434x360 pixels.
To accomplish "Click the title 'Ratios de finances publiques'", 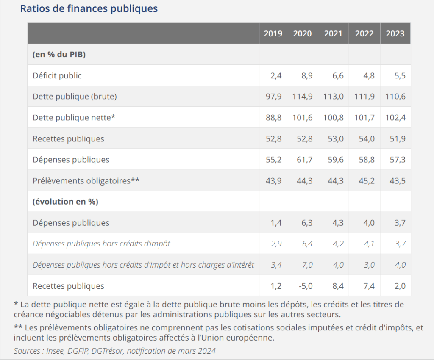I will tap(89, 8).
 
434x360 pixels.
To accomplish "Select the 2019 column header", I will tap(273, 33).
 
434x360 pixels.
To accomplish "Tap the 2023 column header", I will tap(395, 33).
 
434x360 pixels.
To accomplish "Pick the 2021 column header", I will tap(333, 33).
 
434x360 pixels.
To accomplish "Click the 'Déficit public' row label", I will tap(57, 76).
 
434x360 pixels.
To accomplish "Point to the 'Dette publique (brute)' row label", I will tap(75, 97).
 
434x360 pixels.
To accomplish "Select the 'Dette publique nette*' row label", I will tap(74, 118).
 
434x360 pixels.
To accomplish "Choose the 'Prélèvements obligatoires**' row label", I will tap(86, 181).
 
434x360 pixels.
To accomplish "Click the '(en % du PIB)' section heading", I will tap(59, 55).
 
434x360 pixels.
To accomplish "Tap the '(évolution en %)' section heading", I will tap(65, 202).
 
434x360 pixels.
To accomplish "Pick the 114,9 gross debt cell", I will tap(303, 97).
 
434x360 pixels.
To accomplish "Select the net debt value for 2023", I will tap(395, 118).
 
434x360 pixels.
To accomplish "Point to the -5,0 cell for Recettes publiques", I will tap(305, 286).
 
